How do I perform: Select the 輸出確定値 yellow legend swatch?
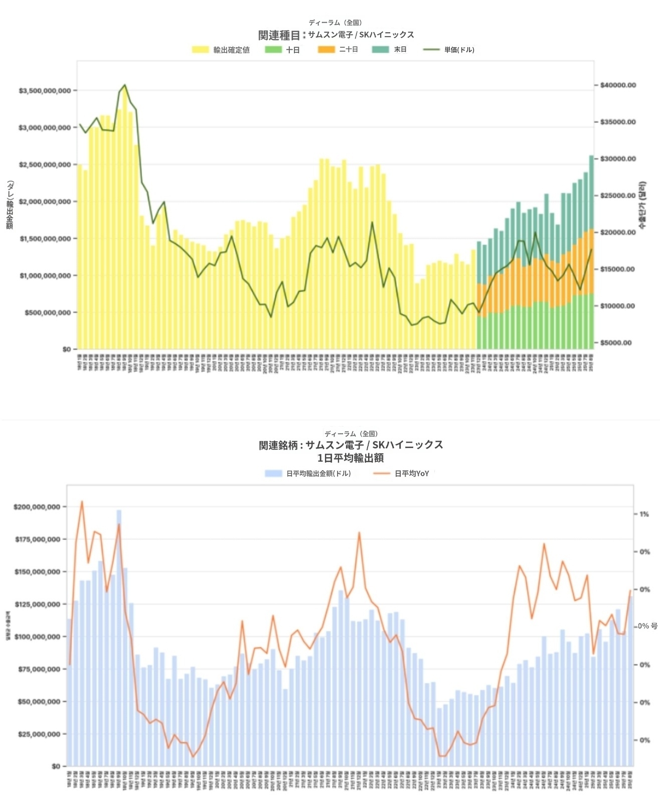200,50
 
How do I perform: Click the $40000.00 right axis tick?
618,85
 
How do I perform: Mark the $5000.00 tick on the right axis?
616,343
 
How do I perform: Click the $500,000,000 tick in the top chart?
48,313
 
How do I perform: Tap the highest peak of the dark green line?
125,85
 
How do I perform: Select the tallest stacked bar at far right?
591,251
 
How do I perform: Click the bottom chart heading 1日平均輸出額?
351,458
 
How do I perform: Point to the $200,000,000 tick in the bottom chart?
37,507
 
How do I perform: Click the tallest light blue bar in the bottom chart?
119,637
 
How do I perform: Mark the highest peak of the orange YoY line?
82,501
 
